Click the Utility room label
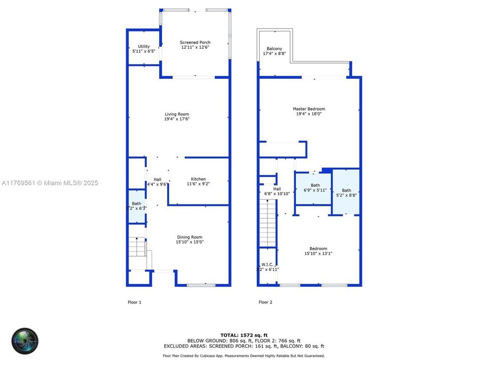[144, 47]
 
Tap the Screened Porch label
[195, 43]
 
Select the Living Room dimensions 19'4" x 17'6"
[176, 119]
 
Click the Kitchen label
[198, 179]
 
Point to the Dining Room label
[190, 237]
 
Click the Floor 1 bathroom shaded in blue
[136, 206]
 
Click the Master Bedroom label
[309, 109]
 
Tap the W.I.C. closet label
[267, 264]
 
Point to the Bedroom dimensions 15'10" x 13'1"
[318, 254]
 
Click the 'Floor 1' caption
[134, 302]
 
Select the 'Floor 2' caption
[265, 302]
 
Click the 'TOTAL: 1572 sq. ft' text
[243, 334]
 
